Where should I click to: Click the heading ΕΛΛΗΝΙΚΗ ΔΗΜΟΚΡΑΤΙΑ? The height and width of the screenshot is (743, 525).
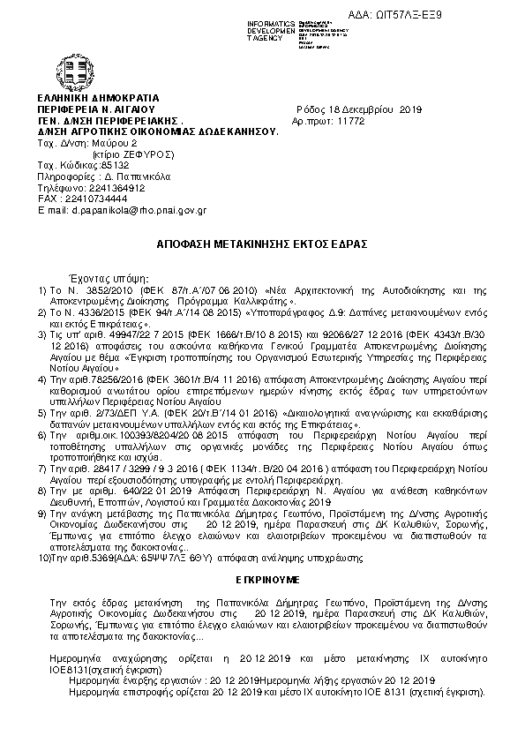point(98,96)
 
